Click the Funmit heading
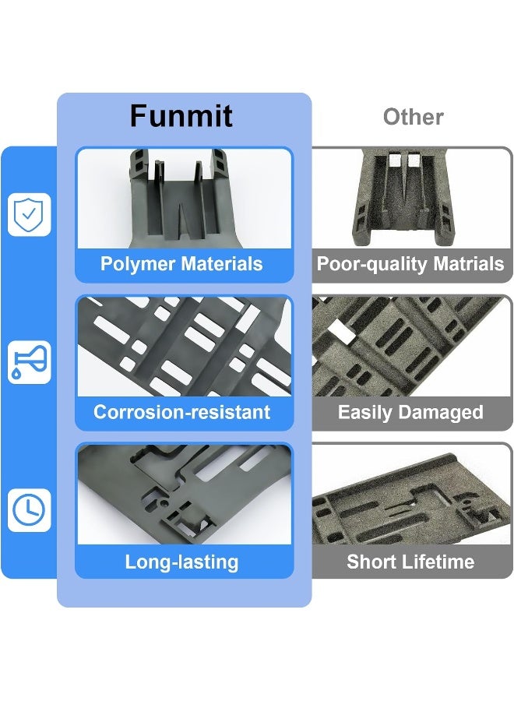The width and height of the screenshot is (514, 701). [x=181, y=116]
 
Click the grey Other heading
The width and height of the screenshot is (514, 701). [x=413, y=117]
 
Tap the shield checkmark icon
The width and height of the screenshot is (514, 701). [x=29, y=213]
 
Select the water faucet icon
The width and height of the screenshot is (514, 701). [x=29, y=361]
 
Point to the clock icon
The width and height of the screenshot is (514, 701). [x=29, y=510]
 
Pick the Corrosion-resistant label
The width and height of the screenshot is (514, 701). [x=182, y=412]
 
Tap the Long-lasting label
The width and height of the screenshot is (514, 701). [x=181, y=562]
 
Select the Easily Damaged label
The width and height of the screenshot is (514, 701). [x=410, y=412]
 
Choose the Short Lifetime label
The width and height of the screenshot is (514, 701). [x=410, y=562]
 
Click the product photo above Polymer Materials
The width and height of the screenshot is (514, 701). [x=184, y=199]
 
